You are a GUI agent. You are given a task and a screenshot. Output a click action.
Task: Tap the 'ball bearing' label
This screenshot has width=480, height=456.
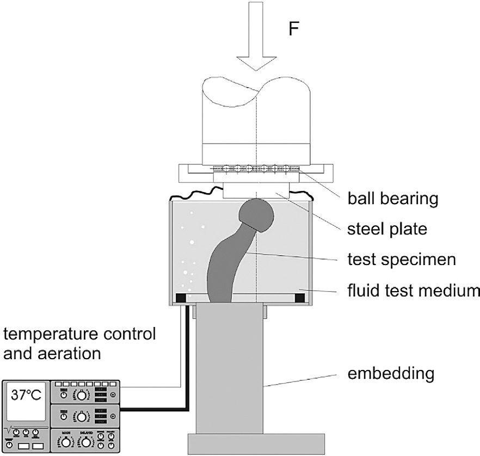[x=393, y=199]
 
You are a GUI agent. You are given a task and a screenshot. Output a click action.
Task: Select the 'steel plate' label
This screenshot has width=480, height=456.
[x=387, y=229]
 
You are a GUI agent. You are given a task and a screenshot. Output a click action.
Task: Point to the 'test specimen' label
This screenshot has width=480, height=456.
[x=401, y=260]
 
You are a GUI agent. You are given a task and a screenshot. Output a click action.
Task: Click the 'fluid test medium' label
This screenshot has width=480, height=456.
[x=414, y=291]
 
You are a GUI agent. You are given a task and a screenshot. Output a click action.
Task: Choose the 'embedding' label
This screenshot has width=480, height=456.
[x=392, y=373]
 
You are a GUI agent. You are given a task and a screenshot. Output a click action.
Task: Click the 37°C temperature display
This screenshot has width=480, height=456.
[x=26, y=396]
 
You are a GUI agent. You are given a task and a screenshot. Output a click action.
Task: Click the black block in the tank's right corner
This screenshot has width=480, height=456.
[x=299, y=298]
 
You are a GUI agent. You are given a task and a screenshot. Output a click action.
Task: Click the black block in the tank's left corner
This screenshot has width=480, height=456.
[x=180, y=298]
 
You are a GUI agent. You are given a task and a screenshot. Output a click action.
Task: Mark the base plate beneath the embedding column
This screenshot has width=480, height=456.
[x=256, y=443]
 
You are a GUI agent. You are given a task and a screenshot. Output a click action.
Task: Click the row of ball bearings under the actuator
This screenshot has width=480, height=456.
[x=255, y=168]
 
